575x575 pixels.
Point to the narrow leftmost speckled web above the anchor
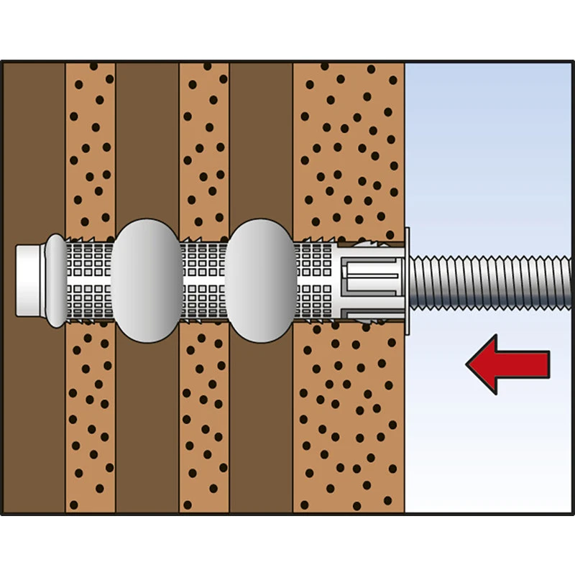pyautogui.click(x=90, y=144)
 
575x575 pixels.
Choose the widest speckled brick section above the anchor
pyautogui.click(x=349, y=144)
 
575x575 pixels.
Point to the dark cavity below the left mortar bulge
pyautogui.click(x=147, y=431)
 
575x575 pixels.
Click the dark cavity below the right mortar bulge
pyautogui.click(x=260, y=431)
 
